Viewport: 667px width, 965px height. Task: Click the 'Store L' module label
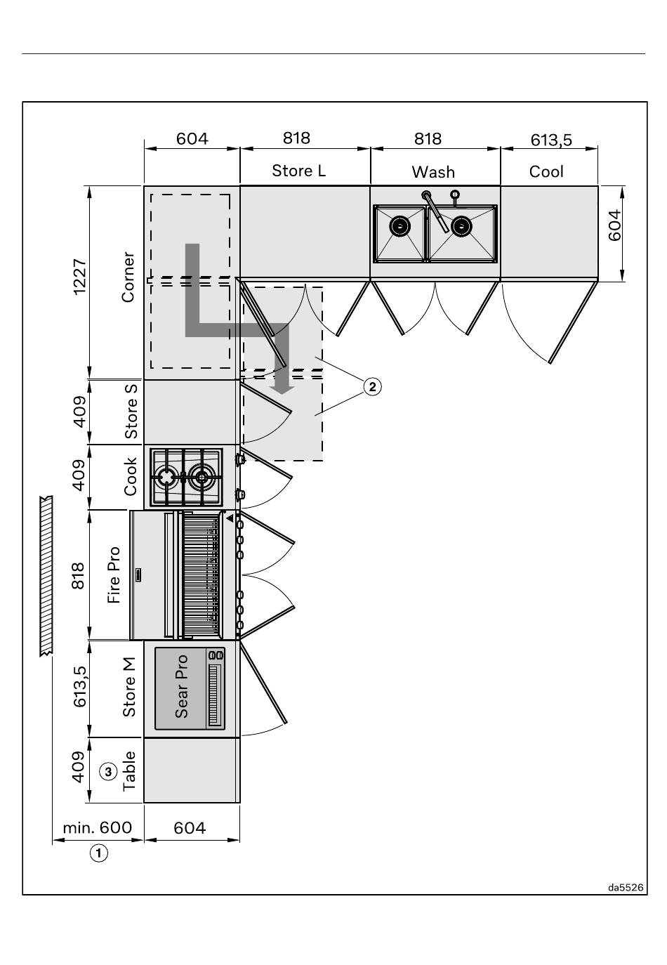click(x=298, y=171)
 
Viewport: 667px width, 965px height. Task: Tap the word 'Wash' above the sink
click(x=433, y=172)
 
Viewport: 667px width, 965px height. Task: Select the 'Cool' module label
click(x=546, y=171)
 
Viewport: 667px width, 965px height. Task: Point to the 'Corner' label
click(x=128, y=277)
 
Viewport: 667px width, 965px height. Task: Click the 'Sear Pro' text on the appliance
click(x=181, y=686)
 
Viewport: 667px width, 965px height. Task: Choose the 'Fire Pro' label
click(x=114, y=575)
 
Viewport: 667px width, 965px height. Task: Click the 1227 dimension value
click(x=79, y=277)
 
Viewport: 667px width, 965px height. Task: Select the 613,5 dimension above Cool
click(x=551, y=140)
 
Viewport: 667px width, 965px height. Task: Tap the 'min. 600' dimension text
click(x=98, y=827)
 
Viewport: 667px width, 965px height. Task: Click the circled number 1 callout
click(x=98, y=853)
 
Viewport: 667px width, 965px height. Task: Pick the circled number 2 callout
click(x=373, y=386)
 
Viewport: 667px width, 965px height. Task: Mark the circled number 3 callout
click(x=108, y=771)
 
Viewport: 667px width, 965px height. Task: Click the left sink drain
click(x=399, y=225)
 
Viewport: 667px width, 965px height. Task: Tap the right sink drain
click(x=461, y=225)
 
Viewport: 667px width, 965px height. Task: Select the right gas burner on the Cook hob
click(x=201, y=477)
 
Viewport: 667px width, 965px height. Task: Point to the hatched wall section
click(x=46, y=575)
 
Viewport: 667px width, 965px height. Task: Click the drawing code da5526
click(x=626, y=887)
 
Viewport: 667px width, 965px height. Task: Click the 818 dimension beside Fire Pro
click(x=79, y=575)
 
